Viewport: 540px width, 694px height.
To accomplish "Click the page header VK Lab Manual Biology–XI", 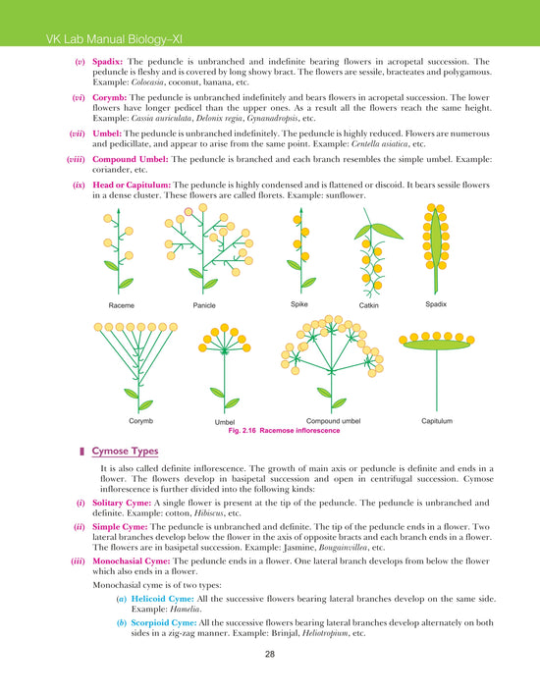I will tap(103, 38).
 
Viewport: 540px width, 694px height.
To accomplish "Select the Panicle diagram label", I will tap(204, 305).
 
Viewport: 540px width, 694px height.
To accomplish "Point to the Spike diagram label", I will tap(299, 304).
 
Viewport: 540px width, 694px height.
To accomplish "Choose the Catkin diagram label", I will tap(371, 306).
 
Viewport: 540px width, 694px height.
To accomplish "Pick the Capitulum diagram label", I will tap(436, 420).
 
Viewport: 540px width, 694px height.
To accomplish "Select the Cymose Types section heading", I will tap(132, 452).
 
